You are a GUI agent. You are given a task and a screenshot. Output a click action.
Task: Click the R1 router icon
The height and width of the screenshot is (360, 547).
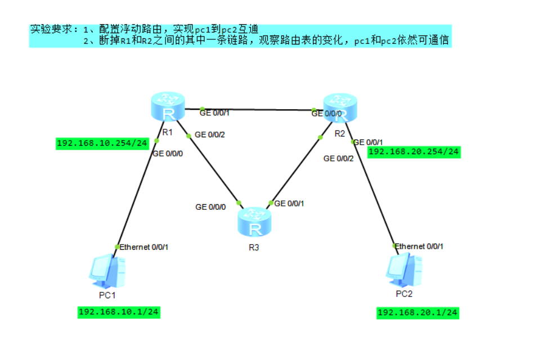(x=168, y=107)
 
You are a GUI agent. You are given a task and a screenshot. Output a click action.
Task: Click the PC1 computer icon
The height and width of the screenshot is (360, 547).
(x=107, y=271)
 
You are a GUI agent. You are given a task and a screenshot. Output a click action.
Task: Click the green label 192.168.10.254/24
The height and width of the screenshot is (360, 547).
(x=102, y=143)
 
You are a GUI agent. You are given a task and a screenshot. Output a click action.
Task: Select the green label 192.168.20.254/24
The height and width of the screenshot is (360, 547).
(x=414, y=151)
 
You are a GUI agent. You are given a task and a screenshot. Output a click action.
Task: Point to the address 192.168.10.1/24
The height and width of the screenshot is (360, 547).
(x=119, y=312)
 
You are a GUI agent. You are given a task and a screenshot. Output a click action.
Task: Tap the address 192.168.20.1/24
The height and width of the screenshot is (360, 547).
(x=418, y=312)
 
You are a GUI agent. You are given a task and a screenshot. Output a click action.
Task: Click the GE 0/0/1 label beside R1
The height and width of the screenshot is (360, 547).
(x=214, y=112)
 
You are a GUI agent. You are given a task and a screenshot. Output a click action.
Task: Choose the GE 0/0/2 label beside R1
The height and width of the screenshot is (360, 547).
(x=209, y=135)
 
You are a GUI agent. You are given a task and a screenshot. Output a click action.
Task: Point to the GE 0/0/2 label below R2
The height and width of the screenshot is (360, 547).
(x=339, y=159)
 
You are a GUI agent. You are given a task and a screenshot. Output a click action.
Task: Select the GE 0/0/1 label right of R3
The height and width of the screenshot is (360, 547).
(x=289, y=204)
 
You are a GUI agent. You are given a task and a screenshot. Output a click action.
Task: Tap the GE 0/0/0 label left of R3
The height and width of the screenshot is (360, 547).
(x=210, y=207)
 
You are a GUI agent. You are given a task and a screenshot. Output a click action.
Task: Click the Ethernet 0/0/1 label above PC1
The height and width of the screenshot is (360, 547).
(x=144, y=246)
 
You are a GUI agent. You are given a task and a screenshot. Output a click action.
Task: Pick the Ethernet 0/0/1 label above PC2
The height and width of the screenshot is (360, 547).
(x=419, y=246)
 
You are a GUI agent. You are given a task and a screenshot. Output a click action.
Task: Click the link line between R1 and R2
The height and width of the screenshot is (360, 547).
(x=256, y=109)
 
